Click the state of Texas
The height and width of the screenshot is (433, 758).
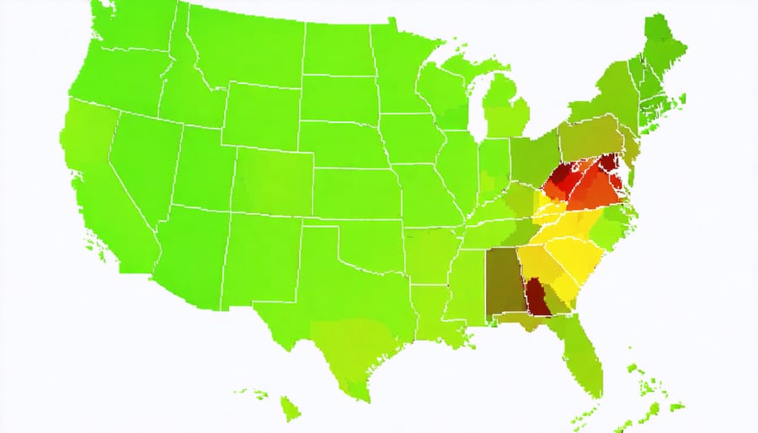point(354,312)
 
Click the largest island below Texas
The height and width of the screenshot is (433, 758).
point(290,409)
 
